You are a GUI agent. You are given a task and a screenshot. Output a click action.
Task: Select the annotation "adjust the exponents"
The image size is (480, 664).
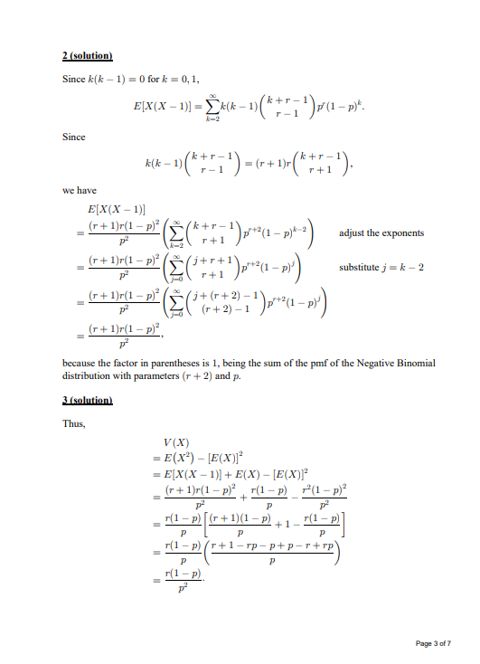[x=381, y=233]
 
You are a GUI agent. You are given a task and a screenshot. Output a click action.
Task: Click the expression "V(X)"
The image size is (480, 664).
[x=174, y=441]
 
